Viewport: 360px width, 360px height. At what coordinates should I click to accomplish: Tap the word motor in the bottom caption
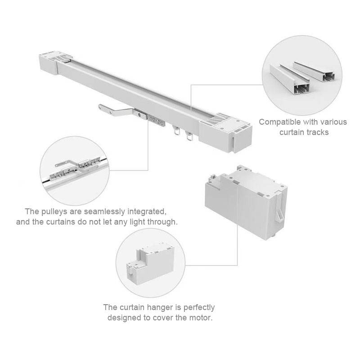tap(201, 318)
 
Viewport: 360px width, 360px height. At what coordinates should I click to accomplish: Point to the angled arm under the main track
tap(115, 110)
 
